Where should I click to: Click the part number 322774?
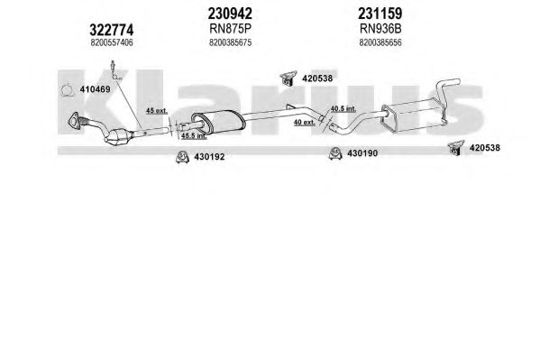click(111, 30)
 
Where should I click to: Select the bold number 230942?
click(230, 14)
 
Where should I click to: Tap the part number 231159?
click(380, 14)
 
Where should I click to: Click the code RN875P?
click(230, 29)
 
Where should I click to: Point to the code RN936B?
click(380, 29)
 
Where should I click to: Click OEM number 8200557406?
click(112, 42)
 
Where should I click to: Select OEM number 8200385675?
click(230, 42)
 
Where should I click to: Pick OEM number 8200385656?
click(380, 42)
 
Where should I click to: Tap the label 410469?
click(95, 89)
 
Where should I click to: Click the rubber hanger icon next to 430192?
click(182, 157)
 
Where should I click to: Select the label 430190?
click(362, 153)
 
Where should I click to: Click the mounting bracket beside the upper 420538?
click(288, 78)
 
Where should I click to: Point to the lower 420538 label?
click(484, 148)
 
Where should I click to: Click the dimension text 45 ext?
click(156, 111)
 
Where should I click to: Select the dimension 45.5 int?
click(194, 136)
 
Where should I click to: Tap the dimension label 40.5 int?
click(343, 109)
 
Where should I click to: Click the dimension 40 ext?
click(304, 122)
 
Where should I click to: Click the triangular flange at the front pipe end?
click(74, 121)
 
